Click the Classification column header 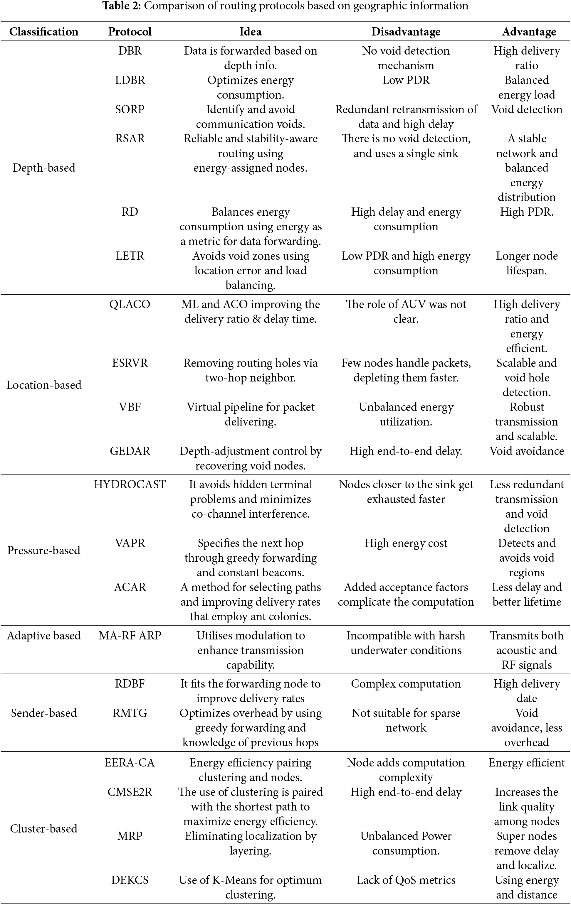tap(44, 32)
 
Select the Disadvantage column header tap(406, 32)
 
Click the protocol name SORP tap(130, 109)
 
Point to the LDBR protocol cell tap(130, 80)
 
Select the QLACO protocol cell tap(130, 304)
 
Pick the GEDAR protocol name tap(130, 451)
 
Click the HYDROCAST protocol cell tap(130, 484)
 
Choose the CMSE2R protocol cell tap(130, 791)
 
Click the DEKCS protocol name tap(130, 880)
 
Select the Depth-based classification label tap(44, 168)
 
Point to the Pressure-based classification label tap(44, 550)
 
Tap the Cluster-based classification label tap(44, 828)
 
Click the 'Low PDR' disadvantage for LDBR tap(406, 80)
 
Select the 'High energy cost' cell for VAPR tap(406, 543)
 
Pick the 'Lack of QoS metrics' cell tap(406, 880)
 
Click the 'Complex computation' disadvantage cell tap(406, 684)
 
